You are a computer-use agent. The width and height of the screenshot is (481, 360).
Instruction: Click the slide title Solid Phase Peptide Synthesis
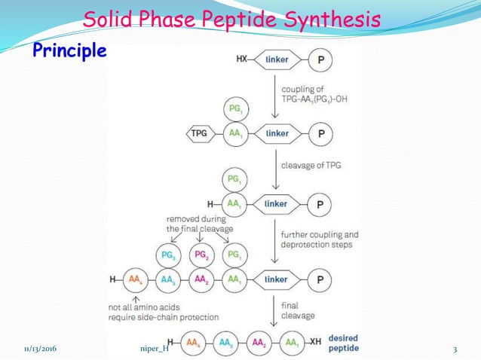(x=231, y=19)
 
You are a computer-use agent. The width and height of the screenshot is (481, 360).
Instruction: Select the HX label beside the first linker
(x=243, y=58)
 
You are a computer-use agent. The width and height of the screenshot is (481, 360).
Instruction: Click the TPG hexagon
(x=198, y=134)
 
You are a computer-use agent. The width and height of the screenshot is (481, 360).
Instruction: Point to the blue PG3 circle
(x=169, y=255)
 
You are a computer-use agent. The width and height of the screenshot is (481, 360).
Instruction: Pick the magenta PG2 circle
(x=201, y=255)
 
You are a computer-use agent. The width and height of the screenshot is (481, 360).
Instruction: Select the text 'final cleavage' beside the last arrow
(x=299, y=311)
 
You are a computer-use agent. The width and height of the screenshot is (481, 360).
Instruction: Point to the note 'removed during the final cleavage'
(x=199, y=223)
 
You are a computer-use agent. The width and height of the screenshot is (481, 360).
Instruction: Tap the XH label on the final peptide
(x=315, y=343)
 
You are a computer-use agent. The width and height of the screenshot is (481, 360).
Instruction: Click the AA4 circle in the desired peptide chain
(x=193, y=343)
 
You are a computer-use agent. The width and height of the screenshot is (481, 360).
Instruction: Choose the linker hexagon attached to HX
(x=277, y=58)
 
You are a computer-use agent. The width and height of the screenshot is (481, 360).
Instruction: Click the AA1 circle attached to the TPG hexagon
(x=234, y=134)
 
